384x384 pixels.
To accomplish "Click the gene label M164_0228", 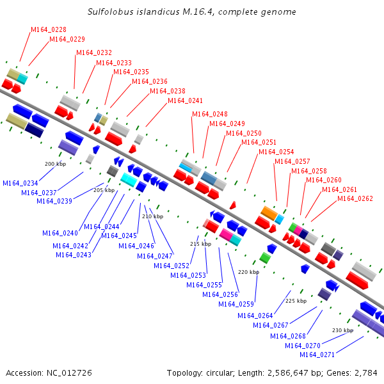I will pyautogui.click(x=49, y=30).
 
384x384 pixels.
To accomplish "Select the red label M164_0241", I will pyautogui.click(x=185, y=100).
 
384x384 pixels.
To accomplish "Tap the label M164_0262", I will pyautogui.click(x=355, y=198).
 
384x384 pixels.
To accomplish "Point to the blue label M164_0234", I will pyautogui.click(x=20, y=183).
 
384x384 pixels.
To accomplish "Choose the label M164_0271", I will pyautogui.click(x=317, y=355).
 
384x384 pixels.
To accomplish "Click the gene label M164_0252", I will pyautogui.click(x=172, y=266).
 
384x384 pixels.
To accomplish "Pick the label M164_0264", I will pyautogui.click(x=255, y=316).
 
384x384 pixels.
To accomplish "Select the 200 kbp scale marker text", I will pyautogui.click(x=55, y=164).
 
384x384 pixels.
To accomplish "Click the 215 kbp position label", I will pyautogui.click(x=200, y=244).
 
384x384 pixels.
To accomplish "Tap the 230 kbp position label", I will pyautogui.click(x=342, y=330).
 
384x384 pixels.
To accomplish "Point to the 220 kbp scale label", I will pyautogui.click(x=248, y=272).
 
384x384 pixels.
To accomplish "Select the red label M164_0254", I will pyautogui.click(x=276, y=152).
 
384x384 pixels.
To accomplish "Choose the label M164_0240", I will pyautogui.click(x=60, y=233).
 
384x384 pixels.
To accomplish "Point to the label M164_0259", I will pyautogui.click(x=236, y=304).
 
